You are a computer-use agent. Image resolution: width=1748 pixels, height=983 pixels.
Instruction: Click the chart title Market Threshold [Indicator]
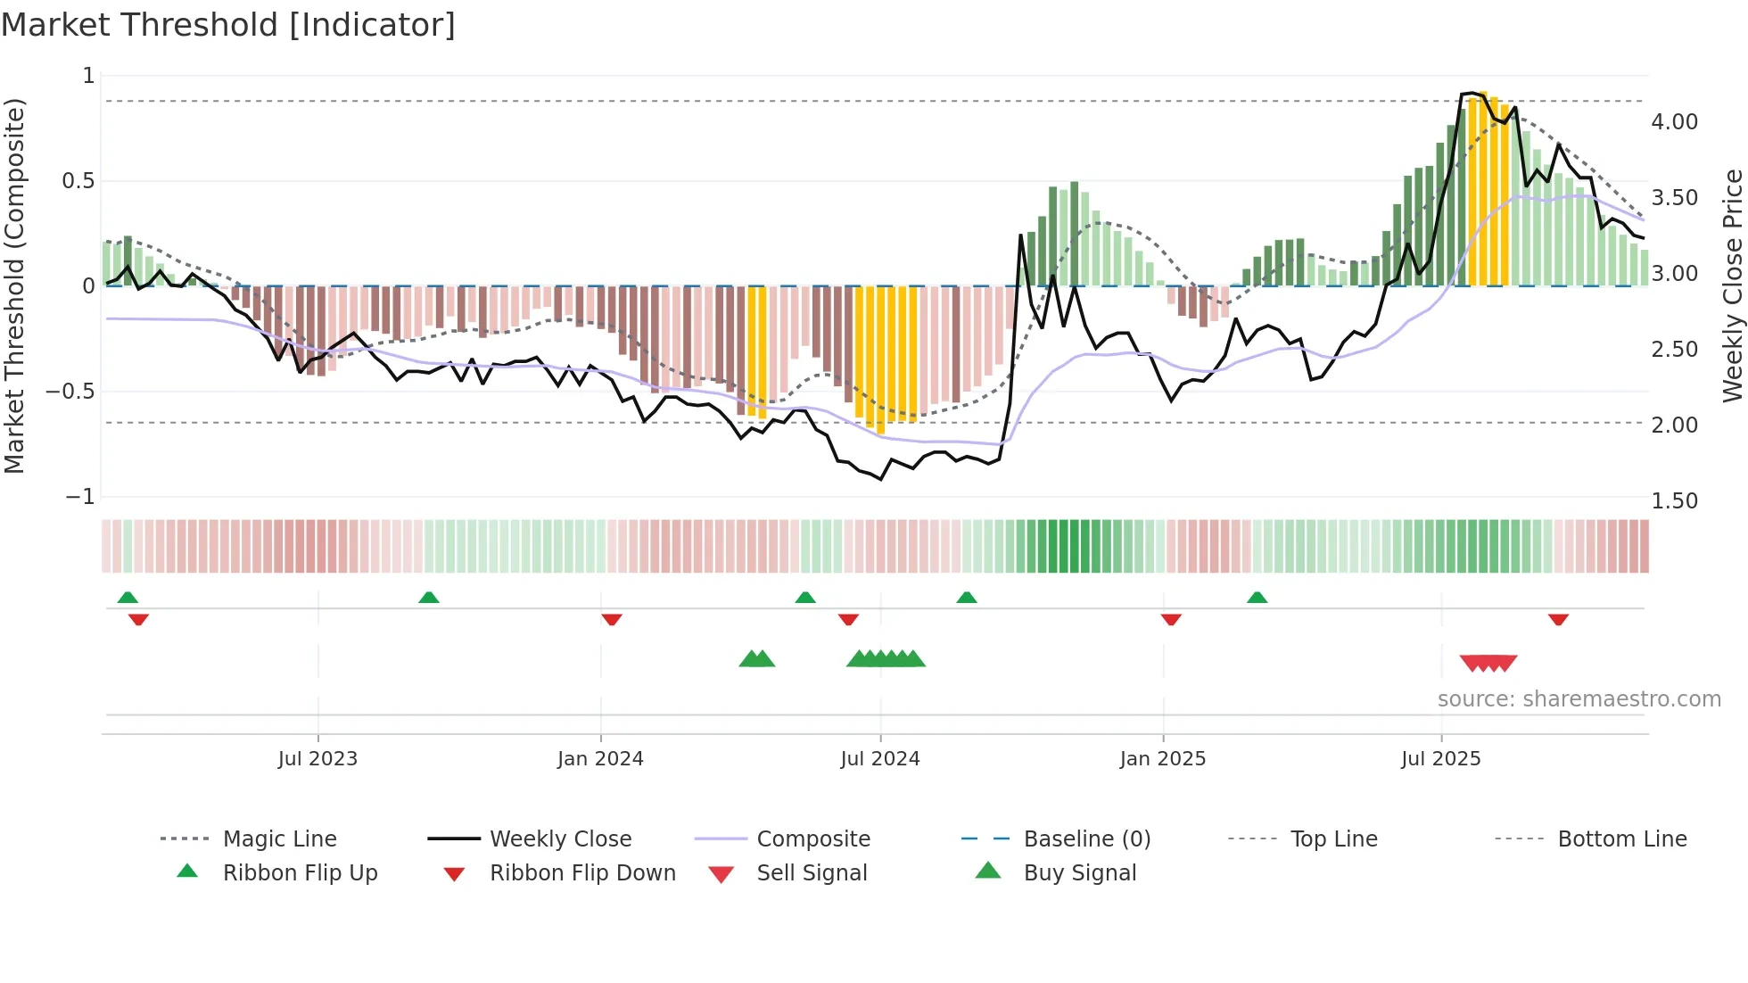tap(228, 25)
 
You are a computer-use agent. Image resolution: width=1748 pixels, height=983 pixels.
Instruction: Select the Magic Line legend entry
tap(279, 839)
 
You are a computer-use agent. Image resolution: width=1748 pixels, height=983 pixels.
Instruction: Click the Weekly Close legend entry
tap(560, 839)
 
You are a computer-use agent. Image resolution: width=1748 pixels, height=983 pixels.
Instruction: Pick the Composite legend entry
tap(812, 839)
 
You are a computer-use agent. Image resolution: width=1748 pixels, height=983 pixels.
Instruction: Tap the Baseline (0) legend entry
tap(1086, 839)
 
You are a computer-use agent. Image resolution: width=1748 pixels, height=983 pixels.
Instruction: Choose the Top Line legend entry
tap(1333, 839)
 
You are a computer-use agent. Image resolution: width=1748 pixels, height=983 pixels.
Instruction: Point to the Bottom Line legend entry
tap(1621, 839)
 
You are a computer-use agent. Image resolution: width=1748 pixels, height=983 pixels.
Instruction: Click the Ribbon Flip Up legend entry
tap(300, 873)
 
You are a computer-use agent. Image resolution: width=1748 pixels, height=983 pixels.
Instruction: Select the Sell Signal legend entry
tap(811, 873)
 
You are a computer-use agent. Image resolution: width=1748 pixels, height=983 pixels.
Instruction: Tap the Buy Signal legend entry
tap(1079, 873)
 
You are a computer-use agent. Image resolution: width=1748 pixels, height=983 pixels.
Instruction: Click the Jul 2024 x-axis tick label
tap(879, 759)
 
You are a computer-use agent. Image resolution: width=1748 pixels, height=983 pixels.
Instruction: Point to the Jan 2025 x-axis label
tap(1162, 759)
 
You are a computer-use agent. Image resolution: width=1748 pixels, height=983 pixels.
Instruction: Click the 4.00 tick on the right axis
tap(1674, 122)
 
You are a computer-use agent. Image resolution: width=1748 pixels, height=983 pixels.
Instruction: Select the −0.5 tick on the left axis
tap(70, 392)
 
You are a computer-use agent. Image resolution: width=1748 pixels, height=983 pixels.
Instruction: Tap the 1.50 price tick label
tap(1674, 501)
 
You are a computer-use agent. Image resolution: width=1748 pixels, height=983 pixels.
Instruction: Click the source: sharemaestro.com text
tap(1579, 699)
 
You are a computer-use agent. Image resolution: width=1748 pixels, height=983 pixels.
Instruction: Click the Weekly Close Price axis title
tap(1732, 285)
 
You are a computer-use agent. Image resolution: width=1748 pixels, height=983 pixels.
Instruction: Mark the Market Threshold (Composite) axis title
tap(14, 285)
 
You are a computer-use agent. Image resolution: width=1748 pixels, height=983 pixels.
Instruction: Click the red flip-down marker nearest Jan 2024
tap(612, 619)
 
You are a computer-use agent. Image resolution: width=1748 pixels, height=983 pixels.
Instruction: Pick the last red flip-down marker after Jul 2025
tap(1558, 619)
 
